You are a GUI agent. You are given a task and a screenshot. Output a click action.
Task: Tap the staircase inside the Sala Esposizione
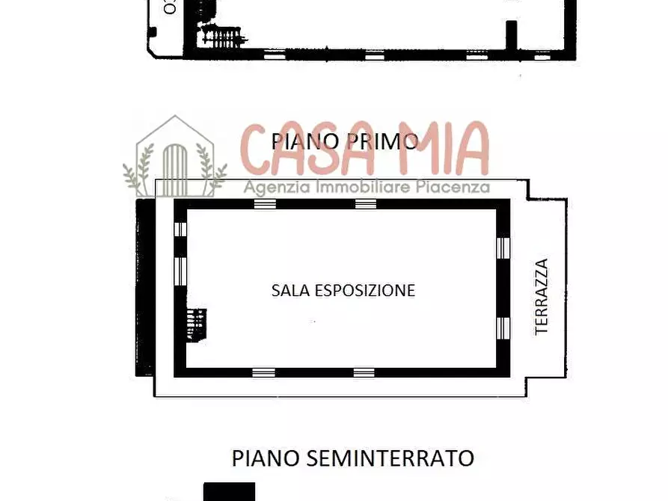(x=197, y=325)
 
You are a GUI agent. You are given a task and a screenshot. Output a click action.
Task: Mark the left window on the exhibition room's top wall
(x=265, y=204)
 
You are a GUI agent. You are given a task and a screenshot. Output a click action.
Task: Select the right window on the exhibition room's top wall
(x=364, y=204)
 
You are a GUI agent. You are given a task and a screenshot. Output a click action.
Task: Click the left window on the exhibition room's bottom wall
(x=263, y=372)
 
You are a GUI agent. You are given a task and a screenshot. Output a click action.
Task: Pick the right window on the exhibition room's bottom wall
(x=364, y=372)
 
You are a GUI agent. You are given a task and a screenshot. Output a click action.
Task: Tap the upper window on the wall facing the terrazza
(x=503, y=248)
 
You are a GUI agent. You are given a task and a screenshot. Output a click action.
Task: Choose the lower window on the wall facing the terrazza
(x=503, y=327)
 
